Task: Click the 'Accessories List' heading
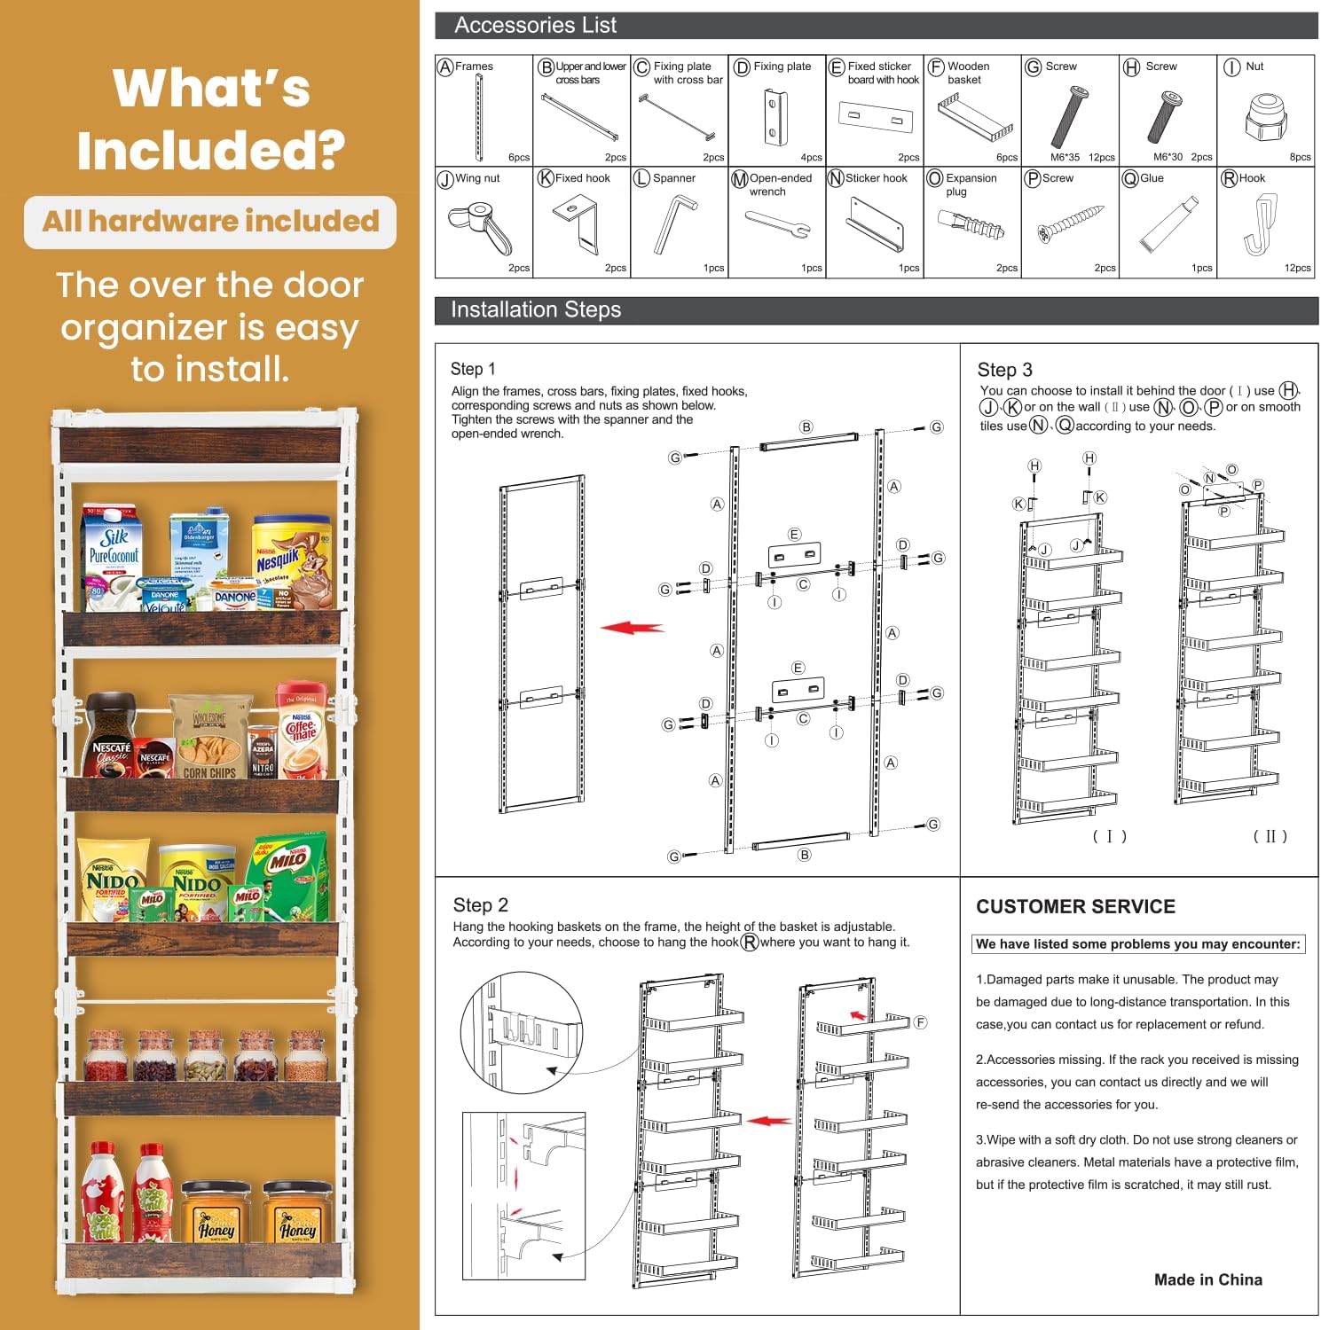point(535,25)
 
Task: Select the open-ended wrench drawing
point(778,224)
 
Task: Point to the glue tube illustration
point(1168,223)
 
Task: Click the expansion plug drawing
point(971,224)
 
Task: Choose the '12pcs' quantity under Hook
point(1297,268)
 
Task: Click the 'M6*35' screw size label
point(1065,157)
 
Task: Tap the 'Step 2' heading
point(480,904)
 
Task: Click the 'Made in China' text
point(1207,1279)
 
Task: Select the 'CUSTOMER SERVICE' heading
point(1075,906)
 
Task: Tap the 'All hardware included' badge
point(210,222)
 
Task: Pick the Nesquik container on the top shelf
point(292,560)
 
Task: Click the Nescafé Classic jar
point(110,735)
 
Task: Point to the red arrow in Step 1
point(632,627)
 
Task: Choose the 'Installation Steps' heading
point(535,309)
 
